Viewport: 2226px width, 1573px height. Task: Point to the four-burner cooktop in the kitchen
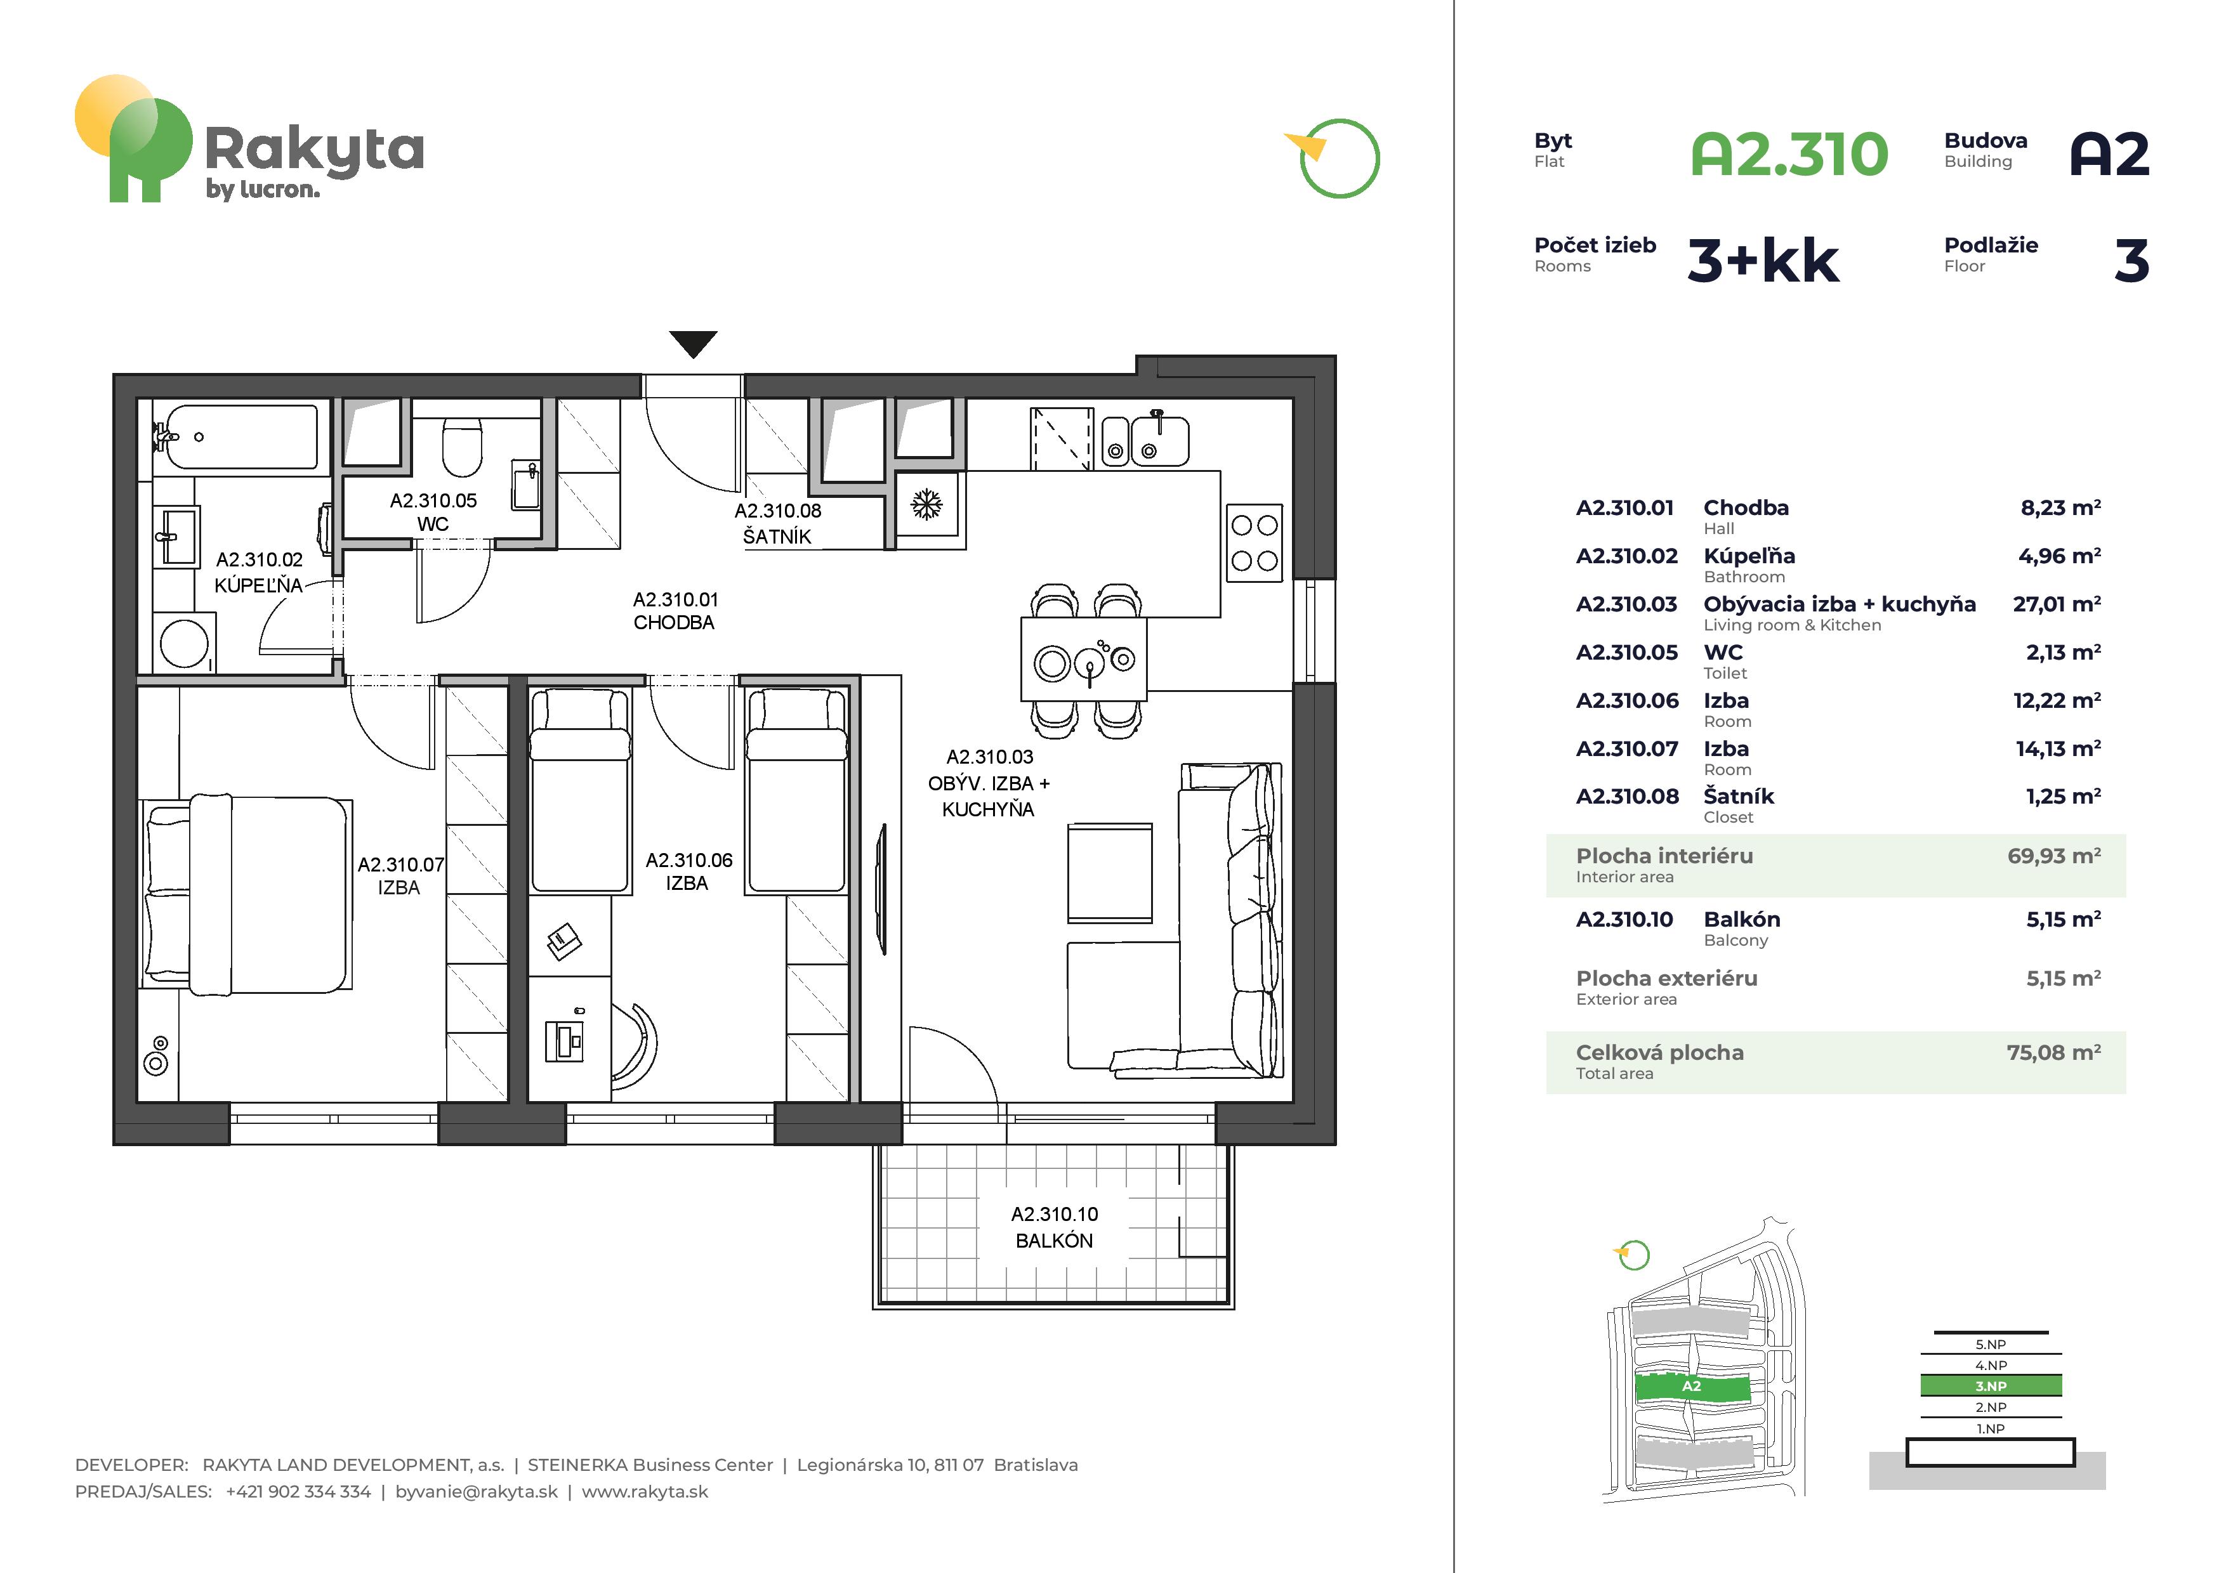(1255, 543)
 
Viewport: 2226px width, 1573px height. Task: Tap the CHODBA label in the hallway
(674, 622)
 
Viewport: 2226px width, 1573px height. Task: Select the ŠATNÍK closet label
(777, 536)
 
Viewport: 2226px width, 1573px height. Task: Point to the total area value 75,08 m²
(2053, 1052)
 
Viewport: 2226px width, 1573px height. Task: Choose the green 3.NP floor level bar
(1991, 1386)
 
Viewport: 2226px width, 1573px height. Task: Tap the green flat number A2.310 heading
(1789, 155)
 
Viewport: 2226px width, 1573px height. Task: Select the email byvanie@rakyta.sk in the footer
(476, 1492)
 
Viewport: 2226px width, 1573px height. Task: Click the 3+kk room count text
(1763, 261)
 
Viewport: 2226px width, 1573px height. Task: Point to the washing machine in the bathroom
(184, 643)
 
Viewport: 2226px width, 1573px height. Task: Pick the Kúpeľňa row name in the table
(1749, 556)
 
